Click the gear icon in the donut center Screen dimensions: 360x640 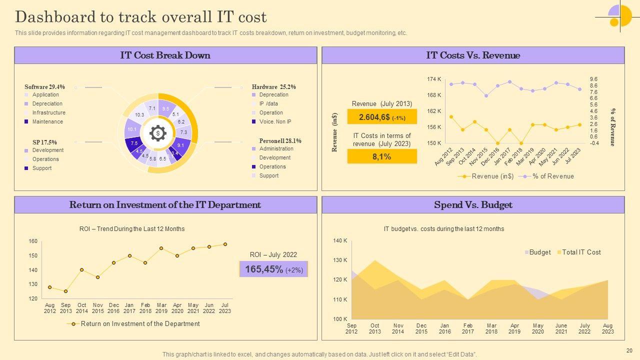(x=158, y=133)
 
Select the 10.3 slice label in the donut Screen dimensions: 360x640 (x=139, y=115)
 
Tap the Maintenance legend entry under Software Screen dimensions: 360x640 (x=47, y=121)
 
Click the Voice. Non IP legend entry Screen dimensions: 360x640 (x=275, y=121)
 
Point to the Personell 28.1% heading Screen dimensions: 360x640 (x=280, y=141)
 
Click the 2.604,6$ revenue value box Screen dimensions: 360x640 (x=382, y=117)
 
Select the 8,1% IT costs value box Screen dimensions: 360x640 (x=382, y=156)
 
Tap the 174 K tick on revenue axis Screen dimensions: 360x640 (x=434, y=79)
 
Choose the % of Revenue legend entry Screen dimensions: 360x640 (x=553, y=176)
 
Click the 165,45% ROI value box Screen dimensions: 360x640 (x=273, y=269)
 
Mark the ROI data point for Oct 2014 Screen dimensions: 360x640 (x=81, y=270)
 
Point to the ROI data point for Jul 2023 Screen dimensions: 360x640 (x=225, y=244)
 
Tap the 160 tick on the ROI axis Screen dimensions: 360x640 (x=33, y=241)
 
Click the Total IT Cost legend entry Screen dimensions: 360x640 (x=581, y=252)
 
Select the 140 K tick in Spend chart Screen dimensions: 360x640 (x=340, y=241)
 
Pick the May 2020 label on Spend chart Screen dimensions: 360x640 (x=538, y=328)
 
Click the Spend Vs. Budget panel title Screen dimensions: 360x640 (x=473, y=205)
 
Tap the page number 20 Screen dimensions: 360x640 (x=629, y=350)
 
